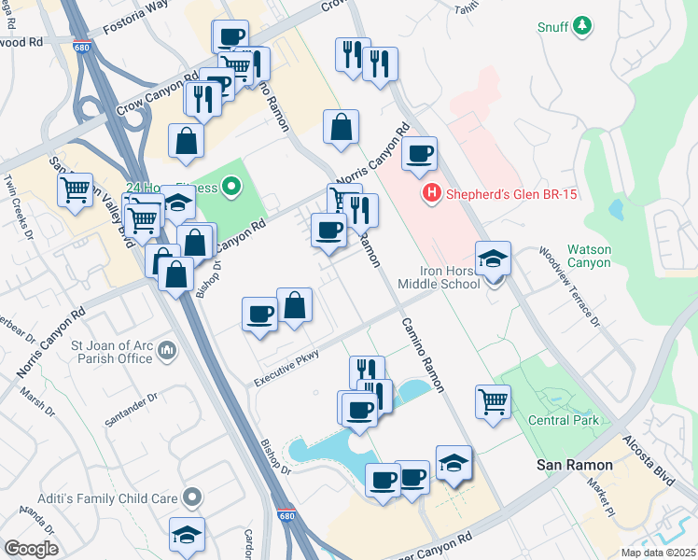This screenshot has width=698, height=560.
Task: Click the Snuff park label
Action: coord(552,27)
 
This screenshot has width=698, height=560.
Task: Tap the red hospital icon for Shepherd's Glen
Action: coord(431,194)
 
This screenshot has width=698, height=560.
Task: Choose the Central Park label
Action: coord(563,420)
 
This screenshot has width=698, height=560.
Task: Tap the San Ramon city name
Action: coord(573,465)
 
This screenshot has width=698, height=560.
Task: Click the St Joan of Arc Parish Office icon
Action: coord(167,350)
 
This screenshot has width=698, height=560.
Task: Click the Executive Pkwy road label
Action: coord(288,368)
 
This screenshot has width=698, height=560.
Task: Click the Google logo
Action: coord(31,549)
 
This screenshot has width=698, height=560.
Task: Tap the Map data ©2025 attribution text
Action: coord(657,553)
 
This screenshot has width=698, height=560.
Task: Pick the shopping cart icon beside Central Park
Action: coord(494,402)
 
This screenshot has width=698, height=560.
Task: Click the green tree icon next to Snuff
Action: coord(583,25)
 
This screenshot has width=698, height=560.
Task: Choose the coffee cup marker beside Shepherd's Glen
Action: coord(420,152)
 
